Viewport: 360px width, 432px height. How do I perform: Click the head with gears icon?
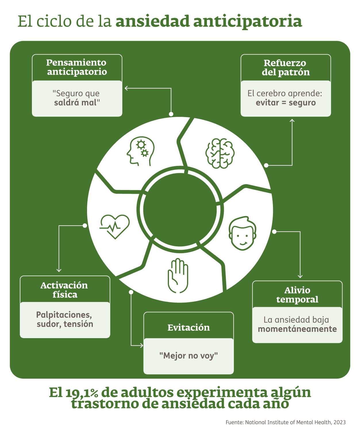pos(140,151)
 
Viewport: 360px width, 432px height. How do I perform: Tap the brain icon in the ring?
pos(220,154)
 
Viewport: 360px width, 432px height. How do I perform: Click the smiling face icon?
pos(242,233)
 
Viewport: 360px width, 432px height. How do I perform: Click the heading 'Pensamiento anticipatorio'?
pos(77,67)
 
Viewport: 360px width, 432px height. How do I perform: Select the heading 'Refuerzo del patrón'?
pos(286,67)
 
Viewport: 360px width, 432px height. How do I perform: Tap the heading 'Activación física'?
pos(65,290)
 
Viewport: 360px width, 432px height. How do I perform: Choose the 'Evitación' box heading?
pos(188,328)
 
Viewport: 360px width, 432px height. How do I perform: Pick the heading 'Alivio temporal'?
pos(297,295)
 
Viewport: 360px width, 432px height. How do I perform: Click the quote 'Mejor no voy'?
pos(188,356)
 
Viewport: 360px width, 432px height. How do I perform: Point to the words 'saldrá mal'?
pos(77,102)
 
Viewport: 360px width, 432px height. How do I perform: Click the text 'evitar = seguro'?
pos(286,102)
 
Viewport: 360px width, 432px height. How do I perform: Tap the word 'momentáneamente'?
pos(297,329)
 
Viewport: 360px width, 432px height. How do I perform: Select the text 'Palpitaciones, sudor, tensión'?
pos(65,319)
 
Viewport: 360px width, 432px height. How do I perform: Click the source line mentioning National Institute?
pos(285,422)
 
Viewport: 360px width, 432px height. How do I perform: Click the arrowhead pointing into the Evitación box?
pos(141,345)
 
